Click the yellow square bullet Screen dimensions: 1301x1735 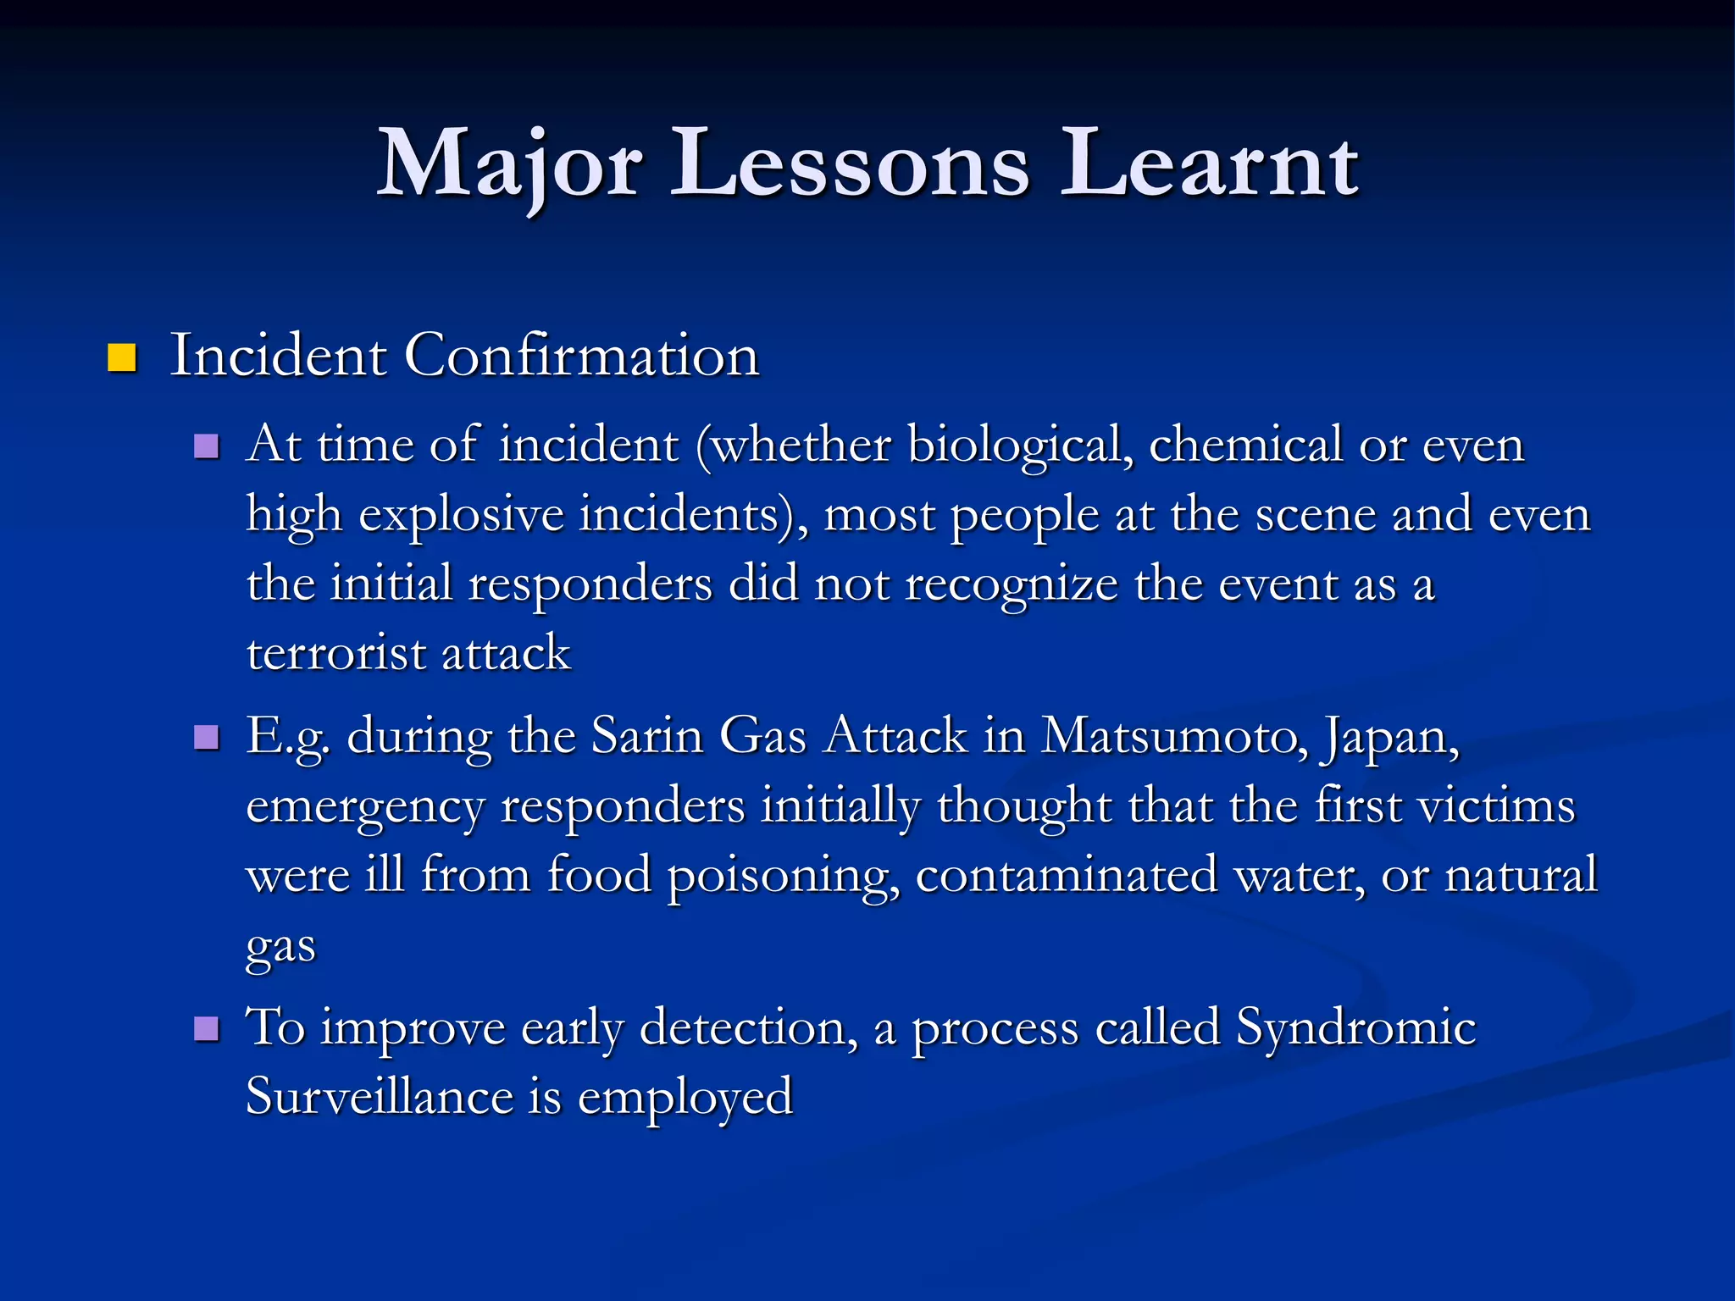pos(122,358)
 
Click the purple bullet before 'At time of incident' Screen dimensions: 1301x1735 pos(206,446)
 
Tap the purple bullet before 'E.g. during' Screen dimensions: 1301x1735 pos(206,738)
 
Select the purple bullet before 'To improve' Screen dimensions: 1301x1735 pos(206,1029)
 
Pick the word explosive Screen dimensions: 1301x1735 pos(461,514)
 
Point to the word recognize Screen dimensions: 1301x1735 pos(1012,584)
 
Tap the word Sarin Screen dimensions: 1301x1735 pos(647,735)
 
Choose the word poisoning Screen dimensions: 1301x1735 pos(784,875)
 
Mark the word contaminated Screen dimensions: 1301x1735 pos(1067,874)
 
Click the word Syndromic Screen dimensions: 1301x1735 pos(1355,1028)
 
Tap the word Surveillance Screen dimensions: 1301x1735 pos(380,1096)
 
